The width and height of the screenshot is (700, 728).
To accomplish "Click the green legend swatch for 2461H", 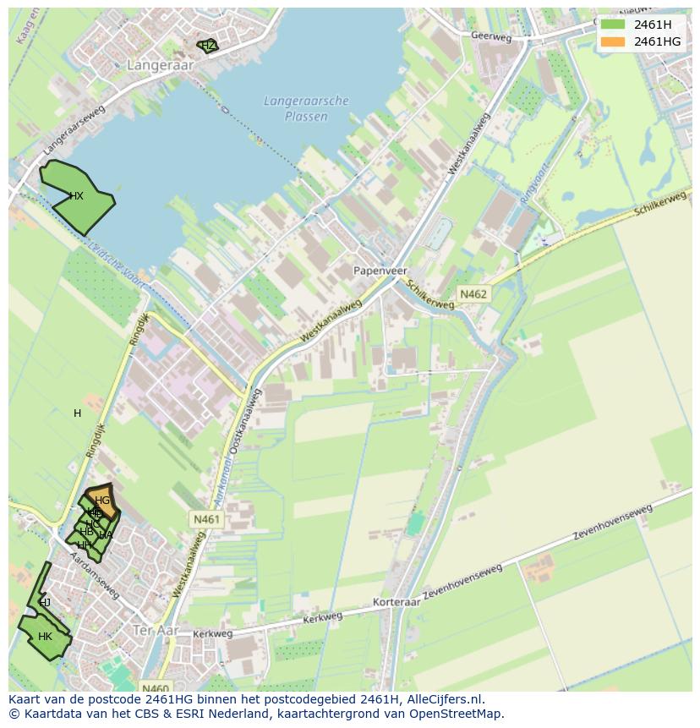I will (x=613, y=25).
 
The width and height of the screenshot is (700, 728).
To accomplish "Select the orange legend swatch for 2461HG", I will (x=613, y=41).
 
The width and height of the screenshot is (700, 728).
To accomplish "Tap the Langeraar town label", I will (x=161, y=64).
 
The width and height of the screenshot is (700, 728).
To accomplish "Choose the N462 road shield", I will (x=473, y=294).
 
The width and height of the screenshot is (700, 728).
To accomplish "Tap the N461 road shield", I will (x=206, y=519).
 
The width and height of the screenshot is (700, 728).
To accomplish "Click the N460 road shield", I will (x=156, y=688).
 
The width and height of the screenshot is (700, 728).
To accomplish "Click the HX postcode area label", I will (x=76, y=196).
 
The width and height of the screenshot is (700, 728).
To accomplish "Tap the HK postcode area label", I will (x=45, y=637).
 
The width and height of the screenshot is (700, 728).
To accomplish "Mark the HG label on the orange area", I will (x=102, y=501).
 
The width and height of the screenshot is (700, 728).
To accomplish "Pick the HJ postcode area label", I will (x=45, y=603).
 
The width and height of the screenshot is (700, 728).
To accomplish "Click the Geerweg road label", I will (x=492, y=36).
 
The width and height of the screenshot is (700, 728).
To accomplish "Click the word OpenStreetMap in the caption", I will (x=456, y=713).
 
